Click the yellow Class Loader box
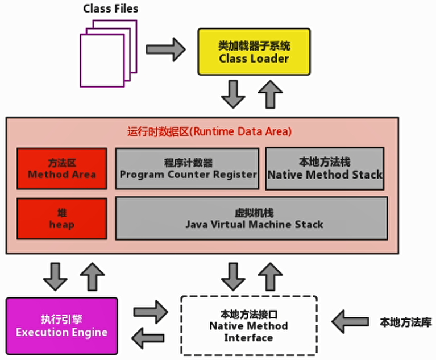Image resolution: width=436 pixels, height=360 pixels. tap(254, 52)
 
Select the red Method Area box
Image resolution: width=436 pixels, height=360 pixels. tap(61, 168)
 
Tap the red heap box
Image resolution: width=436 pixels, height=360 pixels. tap(61, 218)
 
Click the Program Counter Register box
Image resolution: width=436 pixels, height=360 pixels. tap(188, 168)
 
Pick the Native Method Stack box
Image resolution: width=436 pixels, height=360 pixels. tap(325, 168)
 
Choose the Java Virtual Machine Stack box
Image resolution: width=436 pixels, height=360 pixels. tap(252, 218)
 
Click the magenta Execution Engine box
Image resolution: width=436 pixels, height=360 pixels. tap(61, 326)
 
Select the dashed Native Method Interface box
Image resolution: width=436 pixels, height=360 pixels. tap(248, 326)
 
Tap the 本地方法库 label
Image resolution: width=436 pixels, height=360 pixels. tap(405, 322)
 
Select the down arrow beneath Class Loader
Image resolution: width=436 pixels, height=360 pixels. tap(233, 94)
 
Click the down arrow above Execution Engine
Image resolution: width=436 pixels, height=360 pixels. tap(55, 276)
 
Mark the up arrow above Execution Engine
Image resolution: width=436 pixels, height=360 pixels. tap(92, 276)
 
